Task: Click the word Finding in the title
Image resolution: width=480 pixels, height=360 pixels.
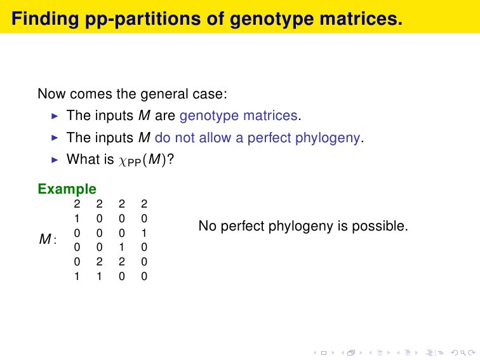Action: click(x=45, y=19)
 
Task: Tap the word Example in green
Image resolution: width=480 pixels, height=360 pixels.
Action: click(x=67, y=189)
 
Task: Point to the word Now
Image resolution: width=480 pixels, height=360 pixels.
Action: click(x=51, y=94)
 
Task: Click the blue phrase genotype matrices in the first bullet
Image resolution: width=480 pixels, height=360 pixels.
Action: click(x=239, y=116)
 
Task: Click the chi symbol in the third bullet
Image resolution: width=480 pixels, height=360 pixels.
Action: click(x=123, y=161)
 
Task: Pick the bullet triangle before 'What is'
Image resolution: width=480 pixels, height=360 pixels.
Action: click(x=55, y=160)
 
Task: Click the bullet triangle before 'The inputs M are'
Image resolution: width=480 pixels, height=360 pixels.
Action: click(x=55, y=116)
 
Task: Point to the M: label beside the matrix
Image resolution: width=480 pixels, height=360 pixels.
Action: click(x=48, y=239)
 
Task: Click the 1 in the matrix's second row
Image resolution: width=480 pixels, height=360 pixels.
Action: click(x=77, y=218)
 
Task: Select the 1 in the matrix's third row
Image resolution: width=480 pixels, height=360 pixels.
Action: click(x=144, y=233)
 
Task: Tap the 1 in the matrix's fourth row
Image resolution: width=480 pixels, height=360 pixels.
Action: click(x=122, y=247)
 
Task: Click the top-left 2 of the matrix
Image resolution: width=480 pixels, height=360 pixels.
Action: click(x=77, y=204)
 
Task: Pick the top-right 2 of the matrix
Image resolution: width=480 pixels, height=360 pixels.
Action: click(x=144, y=204)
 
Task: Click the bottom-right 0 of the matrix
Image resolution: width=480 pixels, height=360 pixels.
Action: click(x=144, y=276)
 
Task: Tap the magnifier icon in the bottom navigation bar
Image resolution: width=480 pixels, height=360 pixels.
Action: click(x=463, y=353)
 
